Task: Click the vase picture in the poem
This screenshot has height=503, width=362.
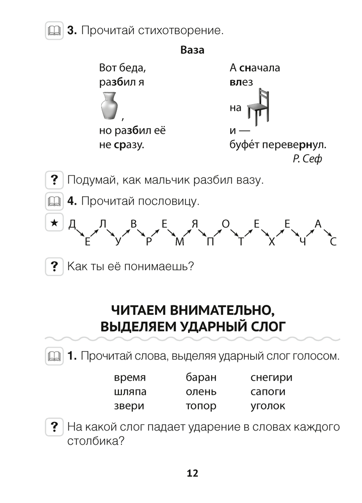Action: tap(109, 106)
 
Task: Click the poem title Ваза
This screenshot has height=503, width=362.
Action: tap(192, 51)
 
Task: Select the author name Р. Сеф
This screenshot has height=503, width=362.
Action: tap(307, 159)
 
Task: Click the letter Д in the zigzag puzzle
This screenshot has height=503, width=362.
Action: tap(71, 224)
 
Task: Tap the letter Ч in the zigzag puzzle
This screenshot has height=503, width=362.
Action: tap(302, 242)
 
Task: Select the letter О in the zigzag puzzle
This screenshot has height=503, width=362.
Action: tap(226, 224)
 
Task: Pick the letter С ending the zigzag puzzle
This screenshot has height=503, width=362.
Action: tap(332, 242)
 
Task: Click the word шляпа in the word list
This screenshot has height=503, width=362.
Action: tap(130, 391)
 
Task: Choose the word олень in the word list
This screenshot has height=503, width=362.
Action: tap(201, 391)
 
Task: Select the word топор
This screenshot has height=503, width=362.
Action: tap(200, 405)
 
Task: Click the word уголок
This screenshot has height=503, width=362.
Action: tap(267, 405)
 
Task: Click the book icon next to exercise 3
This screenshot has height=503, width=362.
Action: tap(53, 31)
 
